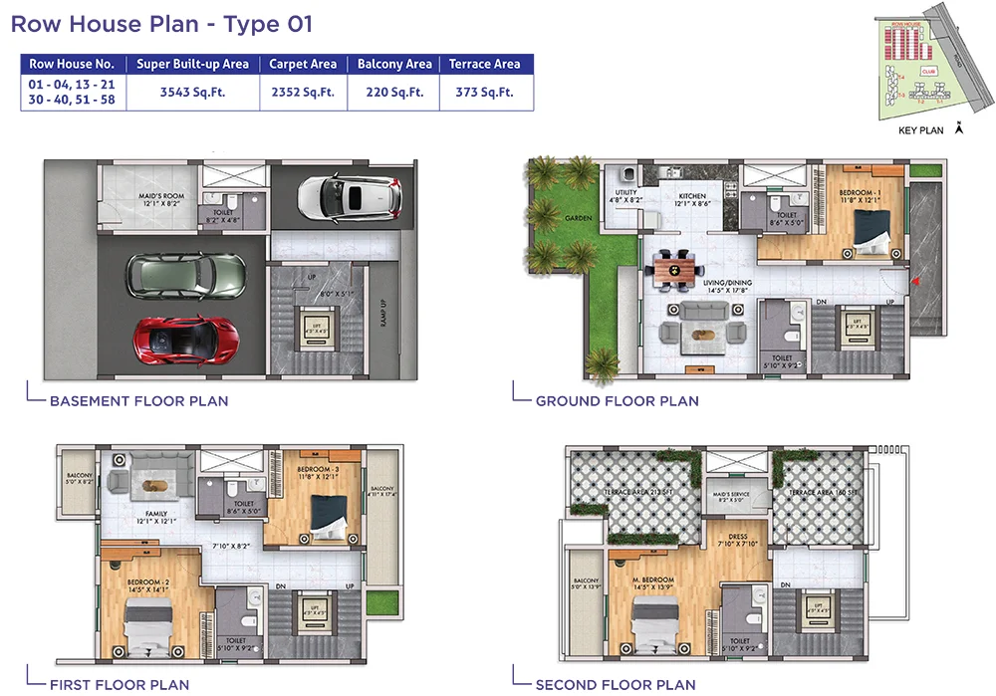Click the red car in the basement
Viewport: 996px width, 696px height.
pyautogui.click(x=181, y=340)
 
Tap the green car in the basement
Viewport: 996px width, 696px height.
pyautogui.click(x=186, y=274)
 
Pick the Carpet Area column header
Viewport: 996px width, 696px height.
pyautogui.click(x=303, y=64)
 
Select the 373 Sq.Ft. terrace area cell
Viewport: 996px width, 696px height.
pyautogui.click(x=484, y=92)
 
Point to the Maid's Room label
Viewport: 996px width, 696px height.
pyautogui.click(x=160, y=200)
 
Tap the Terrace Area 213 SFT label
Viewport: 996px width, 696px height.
pyautogui.click(x=636, y=493)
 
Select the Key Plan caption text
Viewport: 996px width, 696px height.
pyautogui.click(x=920, y=130)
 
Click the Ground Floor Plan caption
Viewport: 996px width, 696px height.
pyautogui.click(x=617, y=401)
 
